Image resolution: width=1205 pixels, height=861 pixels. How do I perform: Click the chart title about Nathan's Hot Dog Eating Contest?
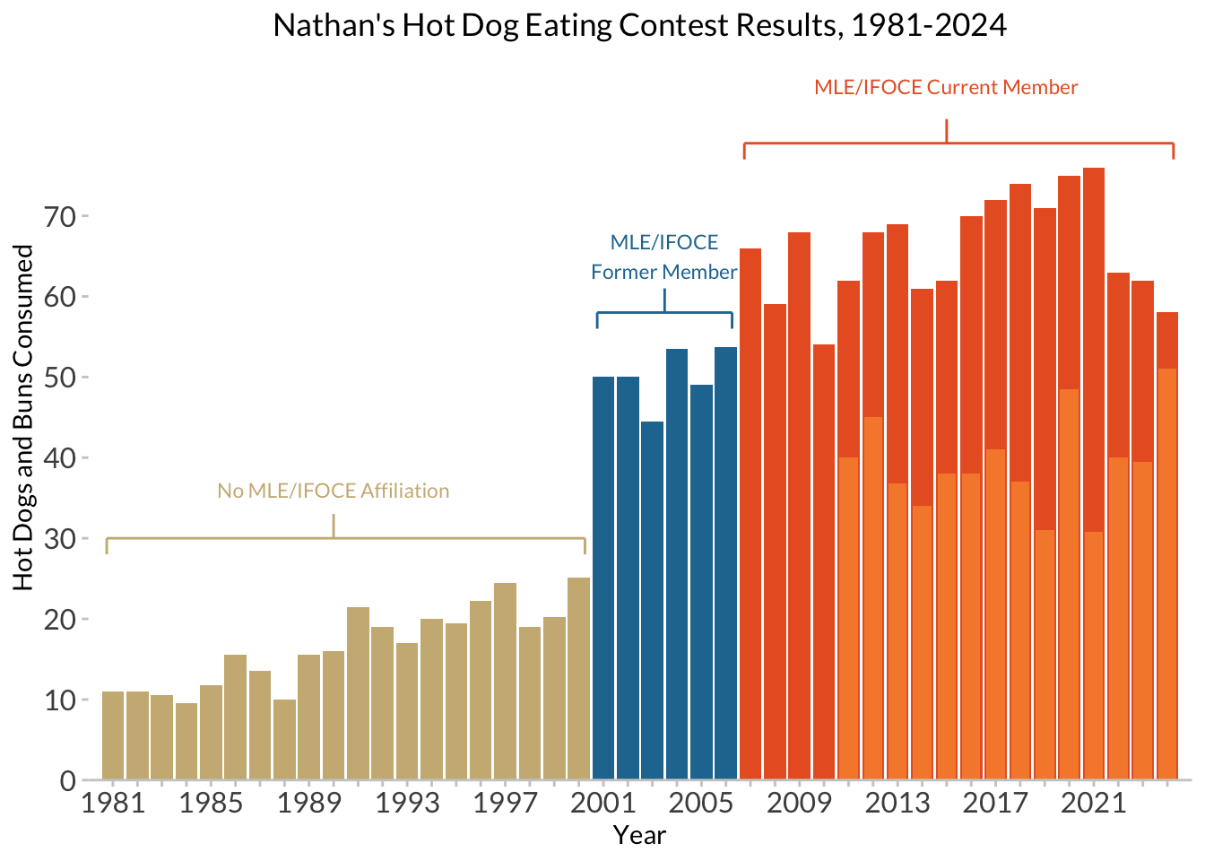coord(639,25)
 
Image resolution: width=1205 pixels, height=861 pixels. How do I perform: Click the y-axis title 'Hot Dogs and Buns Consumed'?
coord(24,418)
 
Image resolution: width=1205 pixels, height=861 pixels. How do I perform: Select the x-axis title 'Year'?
coord(639,836)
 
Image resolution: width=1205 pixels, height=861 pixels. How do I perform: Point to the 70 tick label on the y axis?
coord(61,217)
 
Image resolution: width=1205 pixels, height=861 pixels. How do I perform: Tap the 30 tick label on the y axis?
coord(61,539)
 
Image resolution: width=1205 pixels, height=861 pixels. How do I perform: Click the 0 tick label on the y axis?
coord(68,781)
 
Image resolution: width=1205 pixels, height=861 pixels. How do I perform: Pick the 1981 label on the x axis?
coord(113,803)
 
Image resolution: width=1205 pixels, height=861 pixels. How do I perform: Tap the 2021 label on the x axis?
coord(1093,803)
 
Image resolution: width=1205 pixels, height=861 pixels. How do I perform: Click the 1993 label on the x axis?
coord(407,803)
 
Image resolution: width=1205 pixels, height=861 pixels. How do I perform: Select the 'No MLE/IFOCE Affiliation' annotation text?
coord(334,491)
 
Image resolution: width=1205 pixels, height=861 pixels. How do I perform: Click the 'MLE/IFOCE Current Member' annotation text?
coord(946,88)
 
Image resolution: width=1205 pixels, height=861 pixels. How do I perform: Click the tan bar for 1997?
coord(505,682)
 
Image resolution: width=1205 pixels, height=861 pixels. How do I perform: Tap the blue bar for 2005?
coord(701,583)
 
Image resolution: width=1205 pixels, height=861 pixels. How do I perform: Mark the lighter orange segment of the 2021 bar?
coord(1093,655)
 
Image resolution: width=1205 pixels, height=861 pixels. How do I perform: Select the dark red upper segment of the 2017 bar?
coord(995,323)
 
